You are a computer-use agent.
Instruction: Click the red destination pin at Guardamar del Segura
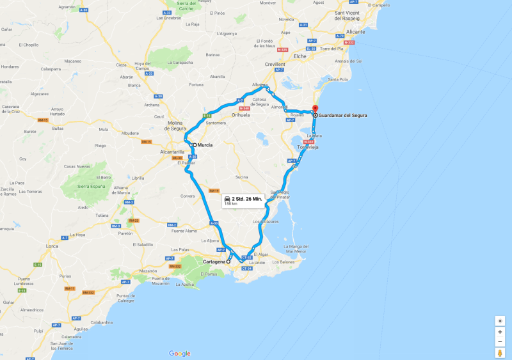(x=314, y=109)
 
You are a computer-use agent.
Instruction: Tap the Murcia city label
(x=205, y=145)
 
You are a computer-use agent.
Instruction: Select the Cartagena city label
(x=214, y=262)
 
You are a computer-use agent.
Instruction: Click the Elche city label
(x=300, y=56)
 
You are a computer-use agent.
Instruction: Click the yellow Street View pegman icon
(x=500, y=353)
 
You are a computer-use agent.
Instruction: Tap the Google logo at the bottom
(x=180, y=354)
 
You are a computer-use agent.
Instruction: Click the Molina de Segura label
(x=175, y=125)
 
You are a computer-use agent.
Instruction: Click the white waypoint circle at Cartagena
(x=228, y=262)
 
